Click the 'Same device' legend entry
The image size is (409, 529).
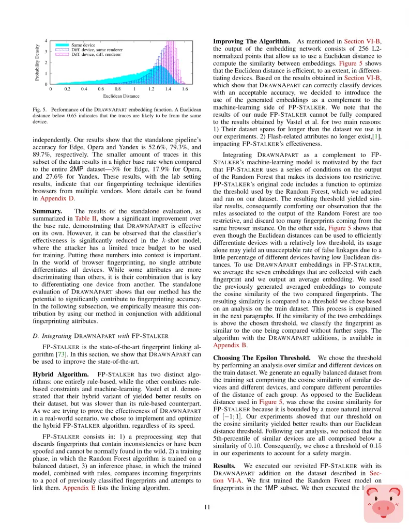(83, 45)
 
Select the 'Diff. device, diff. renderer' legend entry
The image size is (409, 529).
(96, 54)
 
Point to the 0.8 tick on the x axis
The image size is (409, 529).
(117, 89)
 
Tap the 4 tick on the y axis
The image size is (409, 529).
(46, 41)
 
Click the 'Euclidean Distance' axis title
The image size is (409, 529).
(121, 96)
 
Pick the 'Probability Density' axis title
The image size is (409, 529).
(37, 62)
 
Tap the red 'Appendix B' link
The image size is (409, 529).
(229, 345)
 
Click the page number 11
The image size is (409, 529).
(207, 507)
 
